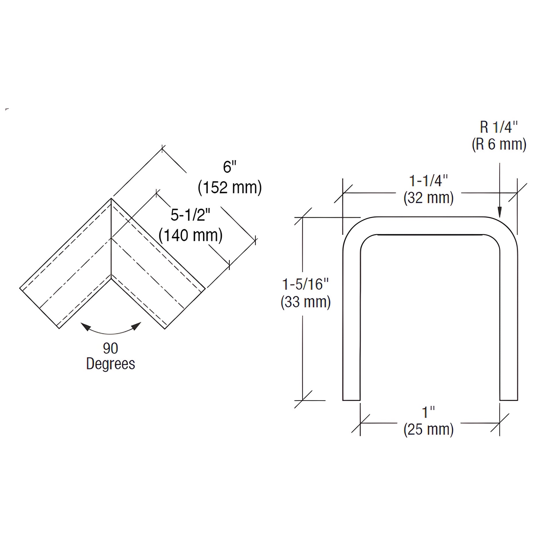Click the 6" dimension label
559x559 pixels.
(230, 167)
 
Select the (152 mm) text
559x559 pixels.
(230, 188)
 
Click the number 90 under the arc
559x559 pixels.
(111, 348)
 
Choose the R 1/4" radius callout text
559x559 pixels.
(499, 127)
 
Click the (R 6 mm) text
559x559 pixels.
(499, 144)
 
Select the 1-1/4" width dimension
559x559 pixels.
(429, 181)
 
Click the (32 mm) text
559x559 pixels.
(429, 198)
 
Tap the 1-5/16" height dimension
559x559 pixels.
(306, 284)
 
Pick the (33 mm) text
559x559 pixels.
(306, 302)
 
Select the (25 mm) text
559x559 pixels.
(429, 429)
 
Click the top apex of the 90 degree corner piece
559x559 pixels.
(111, 199)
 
